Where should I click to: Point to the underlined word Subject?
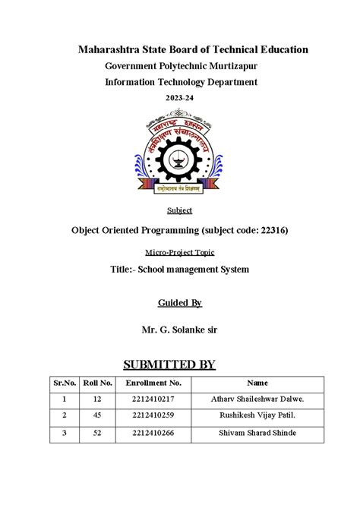(179, 210)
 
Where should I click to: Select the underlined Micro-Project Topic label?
(179, 251)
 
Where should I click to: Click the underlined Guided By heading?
(179, 303)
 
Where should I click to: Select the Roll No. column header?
(98, 384)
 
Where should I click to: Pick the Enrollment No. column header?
(153, 384)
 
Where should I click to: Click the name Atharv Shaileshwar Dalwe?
(258, 398)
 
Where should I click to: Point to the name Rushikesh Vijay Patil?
(258, 415)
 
